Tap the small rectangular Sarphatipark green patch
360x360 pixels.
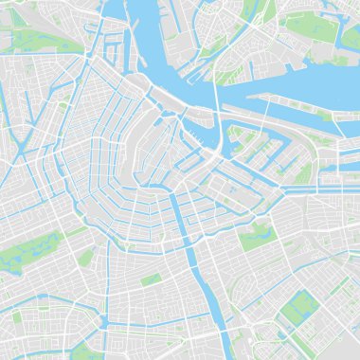151,279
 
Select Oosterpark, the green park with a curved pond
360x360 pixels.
253,238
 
